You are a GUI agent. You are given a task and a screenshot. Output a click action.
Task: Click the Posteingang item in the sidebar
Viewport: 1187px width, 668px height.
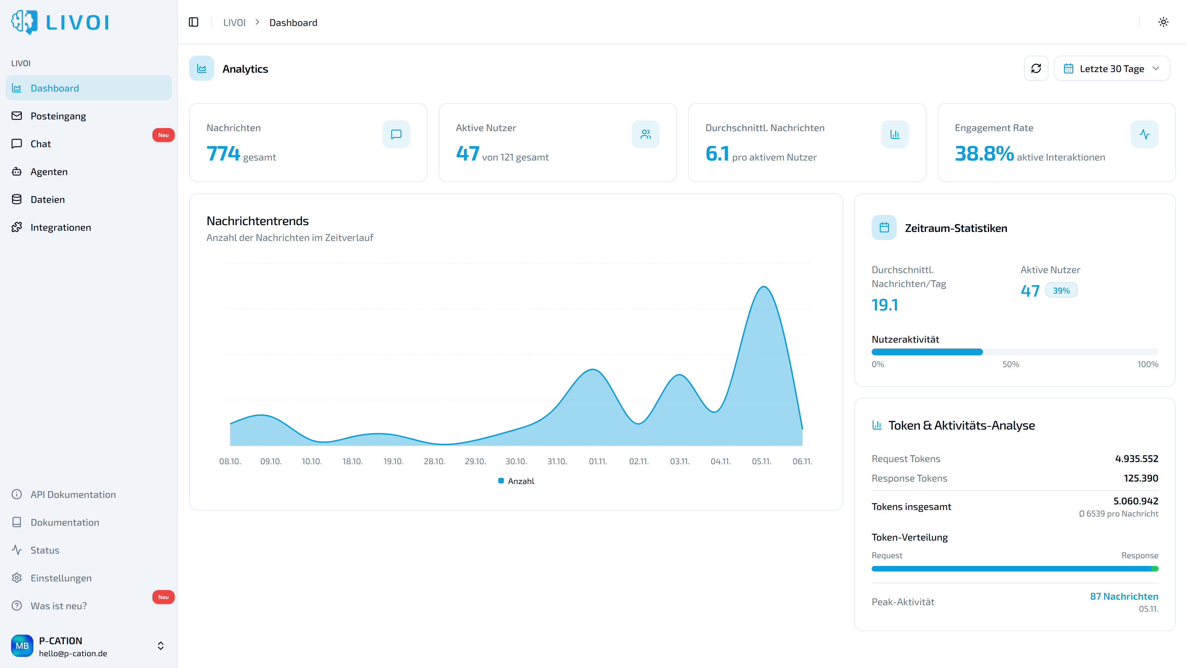tap(58, 116)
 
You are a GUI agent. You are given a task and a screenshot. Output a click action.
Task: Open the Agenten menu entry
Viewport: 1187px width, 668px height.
tap(49, 172)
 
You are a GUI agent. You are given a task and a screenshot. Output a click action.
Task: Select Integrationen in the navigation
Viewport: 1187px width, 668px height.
tap(60, 227)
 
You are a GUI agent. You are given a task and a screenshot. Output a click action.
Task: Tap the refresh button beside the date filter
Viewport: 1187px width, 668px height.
tap(1036, 69)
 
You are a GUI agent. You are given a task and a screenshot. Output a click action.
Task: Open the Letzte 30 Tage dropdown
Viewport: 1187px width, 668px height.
tap(1112, 69)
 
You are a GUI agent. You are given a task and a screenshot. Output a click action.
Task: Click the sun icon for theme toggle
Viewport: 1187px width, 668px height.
tap(1163, 22)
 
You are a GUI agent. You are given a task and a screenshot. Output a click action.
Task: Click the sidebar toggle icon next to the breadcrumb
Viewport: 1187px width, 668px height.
tap(194, 22)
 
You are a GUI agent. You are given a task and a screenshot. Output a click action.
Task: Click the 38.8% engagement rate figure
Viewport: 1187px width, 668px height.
tap(984, 153)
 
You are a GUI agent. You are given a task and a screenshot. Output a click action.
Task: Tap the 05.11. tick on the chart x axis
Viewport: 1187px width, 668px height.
tap(761, 461)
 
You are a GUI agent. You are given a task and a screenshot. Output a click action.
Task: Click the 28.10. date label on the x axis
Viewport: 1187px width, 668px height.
tap(434, 461)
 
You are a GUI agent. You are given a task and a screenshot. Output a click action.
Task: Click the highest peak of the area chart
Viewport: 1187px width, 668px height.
tap(764, 287)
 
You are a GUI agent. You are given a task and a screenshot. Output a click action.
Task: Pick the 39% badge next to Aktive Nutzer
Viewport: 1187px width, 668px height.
tap(1061, 290)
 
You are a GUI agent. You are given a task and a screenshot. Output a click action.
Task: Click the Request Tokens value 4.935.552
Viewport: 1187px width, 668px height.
tap(1136, 459)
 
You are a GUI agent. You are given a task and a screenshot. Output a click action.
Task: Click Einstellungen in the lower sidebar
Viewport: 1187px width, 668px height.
tap(61, 578)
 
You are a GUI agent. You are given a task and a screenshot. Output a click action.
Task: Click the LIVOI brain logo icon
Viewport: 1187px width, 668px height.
tap(24, 22)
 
